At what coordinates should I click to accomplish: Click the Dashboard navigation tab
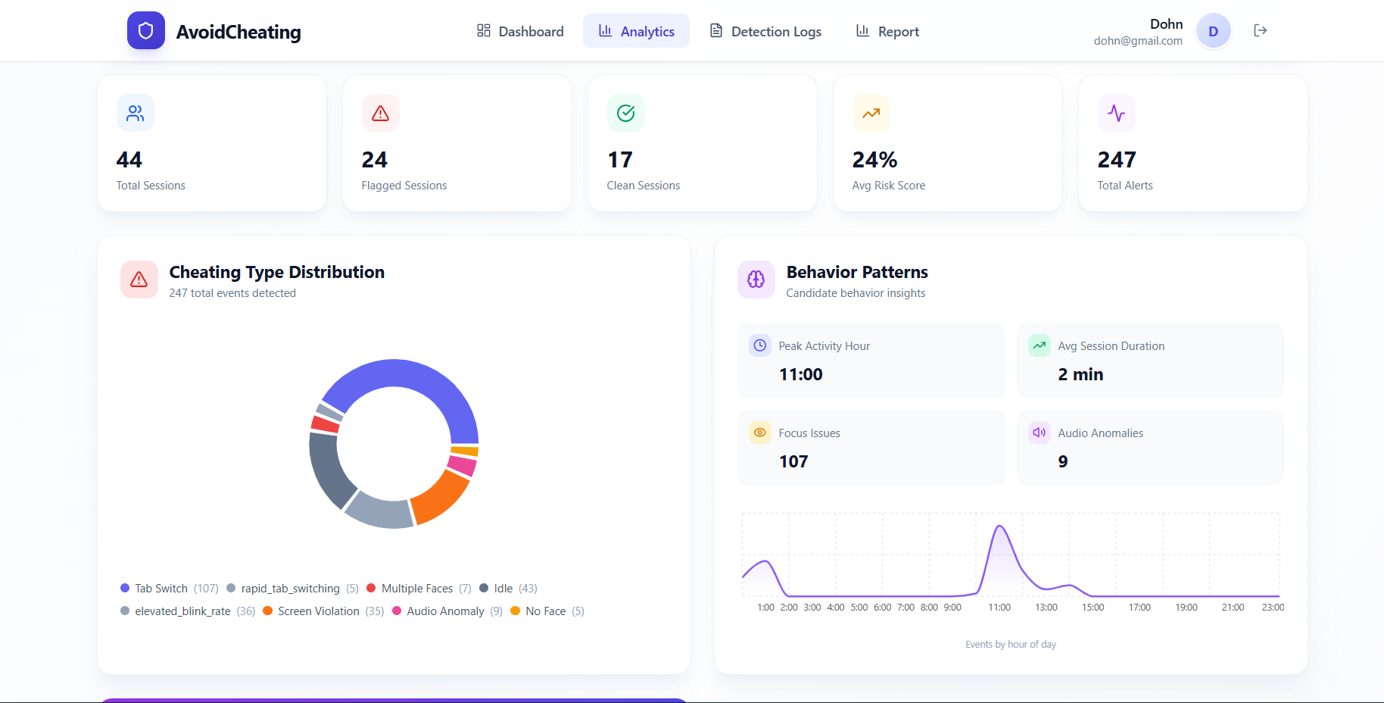(x=520, y=31)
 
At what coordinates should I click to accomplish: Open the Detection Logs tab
(x=765, y=31)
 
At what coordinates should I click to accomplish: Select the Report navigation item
(x=887, y=31)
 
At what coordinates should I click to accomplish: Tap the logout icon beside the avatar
(x=1261, y=30)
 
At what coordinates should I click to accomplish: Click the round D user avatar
(x=1213, y=31)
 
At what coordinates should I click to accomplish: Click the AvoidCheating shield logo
(x=146, y=30)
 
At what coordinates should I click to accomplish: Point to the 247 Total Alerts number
(x=1117, y=160)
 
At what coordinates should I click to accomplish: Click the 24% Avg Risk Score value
(x=874, y=160)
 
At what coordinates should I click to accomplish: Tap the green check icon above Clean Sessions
(x=625, y=113)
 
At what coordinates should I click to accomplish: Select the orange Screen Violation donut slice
(x=441, y=498)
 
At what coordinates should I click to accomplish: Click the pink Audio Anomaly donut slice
(x=462, y=464)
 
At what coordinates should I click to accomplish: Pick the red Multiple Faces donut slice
(x=326, y=423)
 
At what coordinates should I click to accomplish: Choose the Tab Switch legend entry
(x=161, y=589)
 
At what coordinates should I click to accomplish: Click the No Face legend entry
(x=545, y=611)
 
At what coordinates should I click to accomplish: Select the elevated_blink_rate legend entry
(x=182, y=611)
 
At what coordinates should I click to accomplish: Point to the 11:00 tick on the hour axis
(x=999, y=608)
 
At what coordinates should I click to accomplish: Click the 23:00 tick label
(x=1273, y=608)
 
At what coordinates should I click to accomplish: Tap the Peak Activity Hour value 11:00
(x=800, y=374)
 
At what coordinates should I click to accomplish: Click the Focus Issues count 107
(x=793, y=461)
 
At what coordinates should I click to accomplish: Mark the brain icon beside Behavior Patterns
(x=756, y=280)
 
